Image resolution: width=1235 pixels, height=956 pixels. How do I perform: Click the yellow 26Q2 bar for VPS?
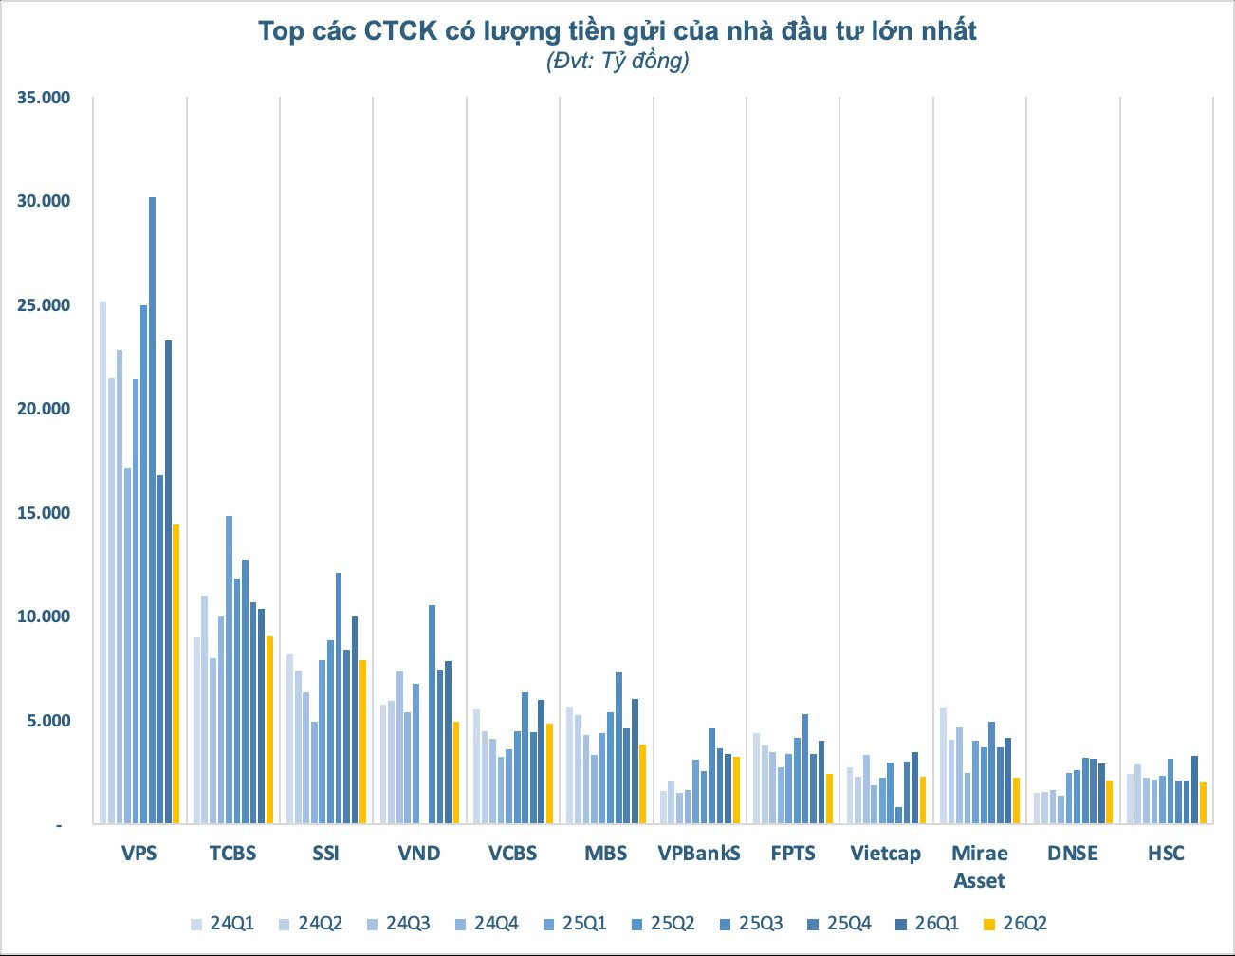176,673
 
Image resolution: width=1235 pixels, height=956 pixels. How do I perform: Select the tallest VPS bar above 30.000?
152,510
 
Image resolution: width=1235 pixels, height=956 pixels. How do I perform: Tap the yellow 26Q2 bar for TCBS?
269,730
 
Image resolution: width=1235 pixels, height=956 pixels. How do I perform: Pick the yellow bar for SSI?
362,742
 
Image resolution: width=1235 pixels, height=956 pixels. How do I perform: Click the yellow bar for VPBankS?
737,790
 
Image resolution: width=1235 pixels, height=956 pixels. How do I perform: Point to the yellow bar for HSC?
1203,803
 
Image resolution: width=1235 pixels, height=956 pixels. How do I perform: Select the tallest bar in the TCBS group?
229,670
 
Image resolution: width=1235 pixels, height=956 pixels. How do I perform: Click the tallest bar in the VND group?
432,714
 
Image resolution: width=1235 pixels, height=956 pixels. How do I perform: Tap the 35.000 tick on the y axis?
44,97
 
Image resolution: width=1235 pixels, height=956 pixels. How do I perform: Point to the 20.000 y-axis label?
44,409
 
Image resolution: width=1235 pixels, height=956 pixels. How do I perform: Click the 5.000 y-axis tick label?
47,720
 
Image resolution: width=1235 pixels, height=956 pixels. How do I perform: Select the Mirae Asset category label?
979,866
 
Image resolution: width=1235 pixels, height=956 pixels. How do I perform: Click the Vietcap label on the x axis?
886,854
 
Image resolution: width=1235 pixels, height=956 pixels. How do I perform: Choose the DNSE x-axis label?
1073,854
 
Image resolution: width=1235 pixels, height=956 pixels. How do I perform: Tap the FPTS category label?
793,854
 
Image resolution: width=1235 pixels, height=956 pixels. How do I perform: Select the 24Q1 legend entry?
222,924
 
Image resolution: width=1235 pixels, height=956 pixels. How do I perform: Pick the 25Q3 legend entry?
751,924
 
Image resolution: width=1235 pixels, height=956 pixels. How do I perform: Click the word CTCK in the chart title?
400,30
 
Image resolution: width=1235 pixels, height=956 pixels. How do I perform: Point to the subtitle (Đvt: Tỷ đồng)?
617,60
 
